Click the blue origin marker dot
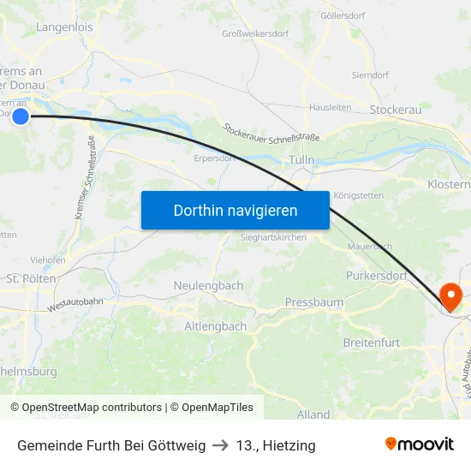(x=21, y=116)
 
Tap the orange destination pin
(x=450, y=296)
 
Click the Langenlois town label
(x=64, y=27)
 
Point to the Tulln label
(x=302, y=160)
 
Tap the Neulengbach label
(x=208, y=285)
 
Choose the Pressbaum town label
(x=313, y=302)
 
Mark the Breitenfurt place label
(x=371, y=343)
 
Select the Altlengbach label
(x=216, y=326)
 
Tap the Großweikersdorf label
(x=255, y=34)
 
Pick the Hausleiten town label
(x=331, y=108)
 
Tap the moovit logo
(x=419, y=444)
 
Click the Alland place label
(x=313, y=414)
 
